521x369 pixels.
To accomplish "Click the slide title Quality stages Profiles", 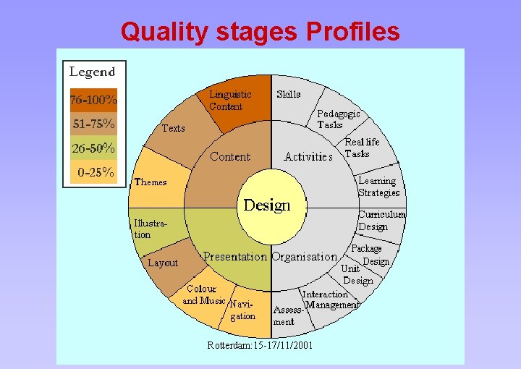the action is point(260,31).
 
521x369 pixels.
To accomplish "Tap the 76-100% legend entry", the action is point(93,99).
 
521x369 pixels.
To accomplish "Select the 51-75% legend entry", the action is point(93,124).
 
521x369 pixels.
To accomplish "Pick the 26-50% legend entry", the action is point(93,148).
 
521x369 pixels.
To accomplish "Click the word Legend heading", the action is point(92,72).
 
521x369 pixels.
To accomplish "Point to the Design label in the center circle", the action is point(266,205).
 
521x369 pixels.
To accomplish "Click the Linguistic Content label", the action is point(230,100).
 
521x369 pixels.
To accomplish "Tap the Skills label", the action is point(289,94).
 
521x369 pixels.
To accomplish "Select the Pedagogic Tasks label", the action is point(338,119).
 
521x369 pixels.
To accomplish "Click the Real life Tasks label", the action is point(362,148).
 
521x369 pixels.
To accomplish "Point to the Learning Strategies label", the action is point(378,187).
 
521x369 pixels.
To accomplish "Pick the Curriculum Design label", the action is point(381,221).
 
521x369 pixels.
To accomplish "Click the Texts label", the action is point(173,128).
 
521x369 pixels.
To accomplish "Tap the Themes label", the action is point(151,182).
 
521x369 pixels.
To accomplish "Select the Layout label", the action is point(162,263).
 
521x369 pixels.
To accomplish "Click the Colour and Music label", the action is point(203,294).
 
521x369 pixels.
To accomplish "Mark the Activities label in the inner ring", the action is point(308,156).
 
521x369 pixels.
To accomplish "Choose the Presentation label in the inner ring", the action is point(235,256).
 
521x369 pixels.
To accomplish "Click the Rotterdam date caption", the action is point(260,345).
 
